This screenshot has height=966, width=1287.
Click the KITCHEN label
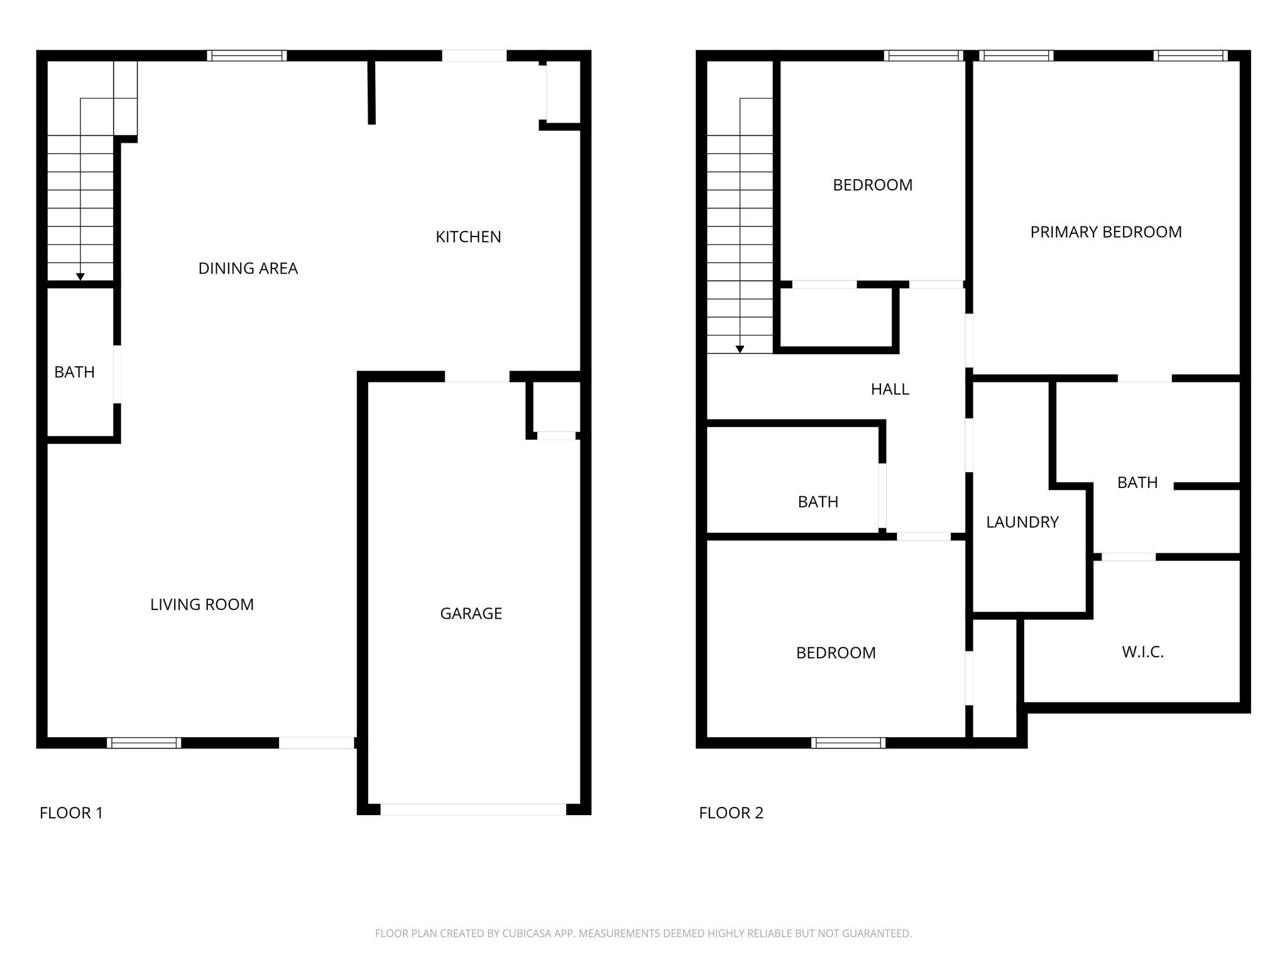[468, 237]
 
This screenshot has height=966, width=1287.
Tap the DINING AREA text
[248, 269]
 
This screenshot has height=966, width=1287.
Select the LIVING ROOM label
[202, 604]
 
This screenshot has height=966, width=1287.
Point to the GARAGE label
[471, 614]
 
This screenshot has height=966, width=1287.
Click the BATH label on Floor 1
[74, 372]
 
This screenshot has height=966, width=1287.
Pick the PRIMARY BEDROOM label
[1105, 232]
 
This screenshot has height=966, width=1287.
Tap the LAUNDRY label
[1022, 522]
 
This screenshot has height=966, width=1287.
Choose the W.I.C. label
[1142, 652]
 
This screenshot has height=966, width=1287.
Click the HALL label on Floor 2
[889, 389]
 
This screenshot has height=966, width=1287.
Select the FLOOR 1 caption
[71, 813]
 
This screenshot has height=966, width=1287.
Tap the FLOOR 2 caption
[731, 813]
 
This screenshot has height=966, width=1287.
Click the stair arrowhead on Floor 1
[80, 277]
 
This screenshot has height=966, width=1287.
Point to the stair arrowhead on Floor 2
[740, 349]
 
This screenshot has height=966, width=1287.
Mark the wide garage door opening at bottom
[473, 809]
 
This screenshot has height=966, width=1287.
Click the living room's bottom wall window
[144, 743]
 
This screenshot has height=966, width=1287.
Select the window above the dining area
[247, 55]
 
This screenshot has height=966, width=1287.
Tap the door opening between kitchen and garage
[477, 377]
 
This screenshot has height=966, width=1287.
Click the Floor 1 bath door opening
[117, 374]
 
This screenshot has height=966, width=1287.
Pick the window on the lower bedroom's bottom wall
[848, 743]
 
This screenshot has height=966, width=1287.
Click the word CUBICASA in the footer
[526, 933]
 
